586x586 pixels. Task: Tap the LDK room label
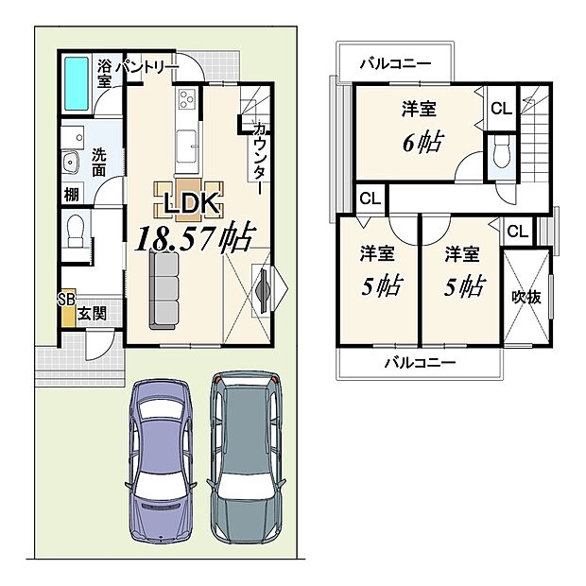point(193,203)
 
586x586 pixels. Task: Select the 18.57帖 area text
point(194,238)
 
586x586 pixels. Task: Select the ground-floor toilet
point(75,230)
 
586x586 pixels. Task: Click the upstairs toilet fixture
point(502,149)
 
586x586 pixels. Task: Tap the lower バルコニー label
point(420,362)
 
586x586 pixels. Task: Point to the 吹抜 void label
point(526,297)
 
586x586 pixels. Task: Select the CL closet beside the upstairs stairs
point(500,109)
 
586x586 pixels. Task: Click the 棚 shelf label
point(72,196)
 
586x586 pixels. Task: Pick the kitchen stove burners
point(183,97)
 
